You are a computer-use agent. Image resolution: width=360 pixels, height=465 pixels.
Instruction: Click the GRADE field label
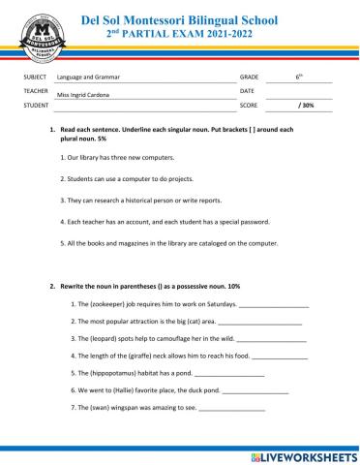(249, 76)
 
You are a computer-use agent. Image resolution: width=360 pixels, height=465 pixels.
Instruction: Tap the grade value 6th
(299, 75)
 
